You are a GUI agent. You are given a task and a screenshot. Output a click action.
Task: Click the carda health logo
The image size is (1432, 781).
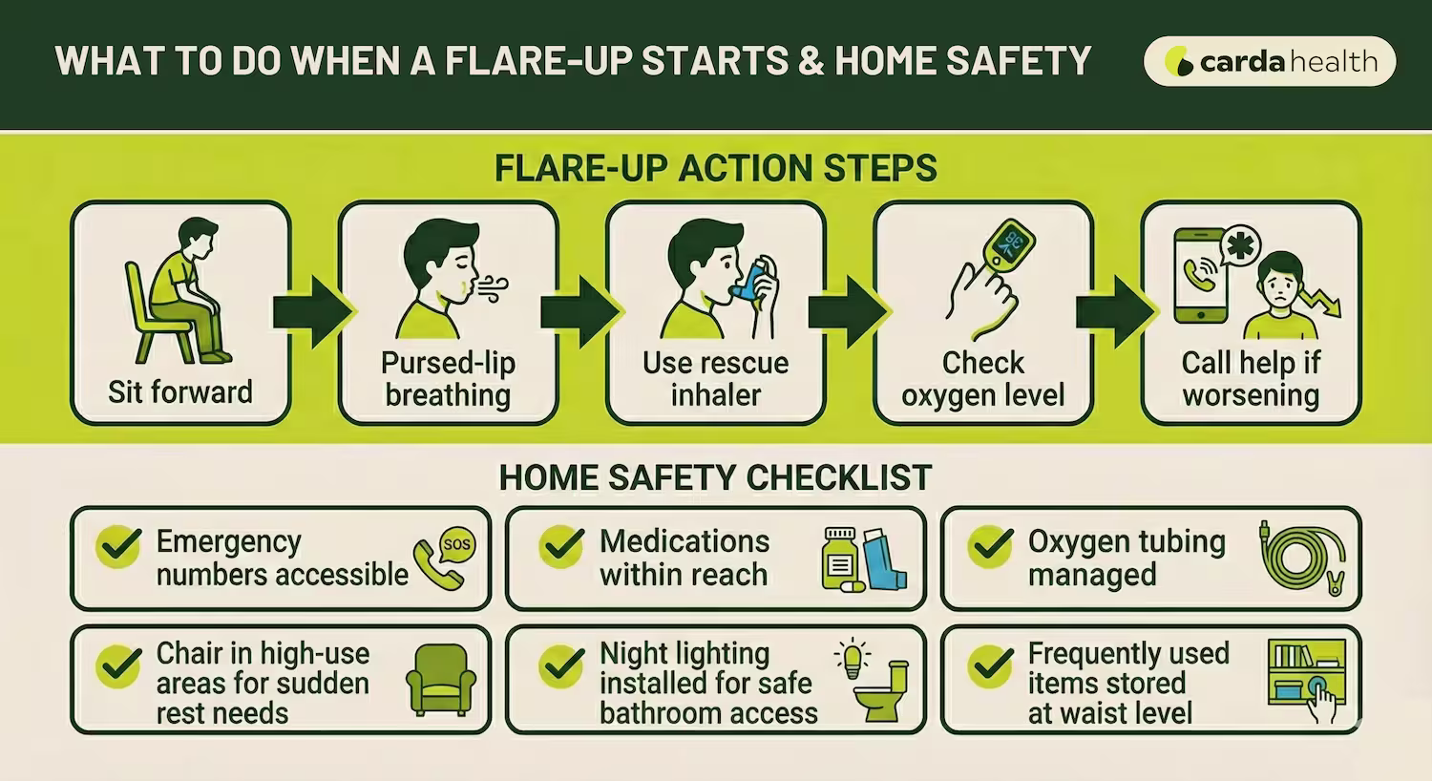[1269, 62]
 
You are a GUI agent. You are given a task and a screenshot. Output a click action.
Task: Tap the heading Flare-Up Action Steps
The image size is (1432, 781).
[715, 168]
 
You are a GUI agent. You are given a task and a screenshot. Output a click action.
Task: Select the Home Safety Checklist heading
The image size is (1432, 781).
[715, 476]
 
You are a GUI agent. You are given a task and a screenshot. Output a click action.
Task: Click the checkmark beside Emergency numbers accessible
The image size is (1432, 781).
[119, 546]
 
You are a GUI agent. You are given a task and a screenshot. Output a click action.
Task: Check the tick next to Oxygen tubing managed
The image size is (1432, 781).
[990, 546]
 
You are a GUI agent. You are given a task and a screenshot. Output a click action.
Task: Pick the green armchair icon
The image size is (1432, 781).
[440, 679]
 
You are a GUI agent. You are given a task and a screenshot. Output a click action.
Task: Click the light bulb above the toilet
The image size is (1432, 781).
[852, 657]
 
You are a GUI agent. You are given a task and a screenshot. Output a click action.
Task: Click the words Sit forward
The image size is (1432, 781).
[179, 391]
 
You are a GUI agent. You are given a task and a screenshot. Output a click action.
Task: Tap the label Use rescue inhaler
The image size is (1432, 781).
[715, 378]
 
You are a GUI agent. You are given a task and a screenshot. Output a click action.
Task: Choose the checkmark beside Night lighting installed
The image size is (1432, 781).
[561, 665]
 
